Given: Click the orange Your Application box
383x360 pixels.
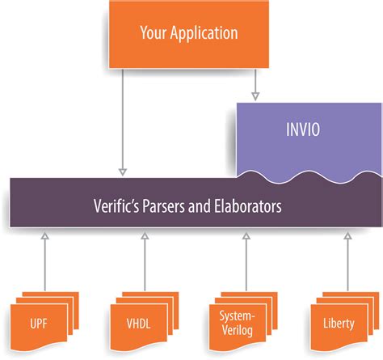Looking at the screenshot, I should point(189,33).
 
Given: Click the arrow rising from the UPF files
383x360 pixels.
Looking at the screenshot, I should point(44,259).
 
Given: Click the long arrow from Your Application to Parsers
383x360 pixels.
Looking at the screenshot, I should point(122,121).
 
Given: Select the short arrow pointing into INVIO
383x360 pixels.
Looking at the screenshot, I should point(255,85).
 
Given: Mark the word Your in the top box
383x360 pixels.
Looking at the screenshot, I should point(154,33).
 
